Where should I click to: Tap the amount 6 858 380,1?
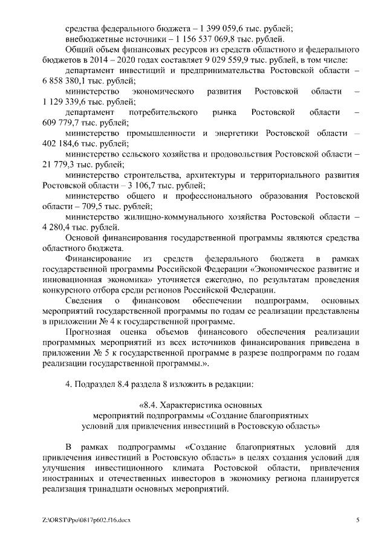[x=65, y=81]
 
